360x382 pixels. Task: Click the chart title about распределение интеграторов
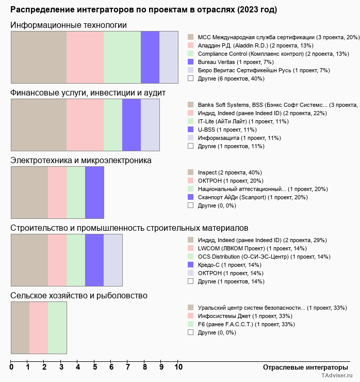pos(143,10)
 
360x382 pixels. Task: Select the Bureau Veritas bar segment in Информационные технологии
pos(150,57)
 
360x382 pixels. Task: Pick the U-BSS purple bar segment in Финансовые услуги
pos(132,124)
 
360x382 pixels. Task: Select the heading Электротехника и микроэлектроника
pos(81,161)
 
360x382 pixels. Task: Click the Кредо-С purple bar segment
pos(94,260)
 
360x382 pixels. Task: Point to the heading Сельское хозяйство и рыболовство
pos(79,296)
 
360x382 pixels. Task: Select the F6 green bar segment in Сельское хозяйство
pos(57,328)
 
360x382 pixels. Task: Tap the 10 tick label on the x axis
pos(178,368)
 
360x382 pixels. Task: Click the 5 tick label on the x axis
pos(95,368)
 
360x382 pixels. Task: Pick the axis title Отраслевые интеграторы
pos(302,368)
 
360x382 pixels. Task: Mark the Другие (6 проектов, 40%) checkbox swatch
pos(190,78)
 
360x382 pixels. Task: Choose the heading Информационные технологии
pos(69,25)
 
